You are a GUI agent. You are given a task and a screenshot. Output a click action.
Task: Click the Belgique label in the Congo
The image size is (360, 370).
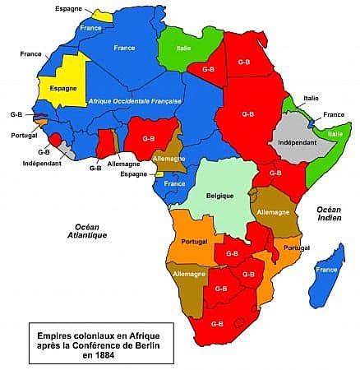pos(220,196)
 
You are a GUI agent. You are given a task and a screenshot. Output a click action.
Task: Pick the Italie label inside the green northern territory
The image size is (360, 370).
pos(192,46)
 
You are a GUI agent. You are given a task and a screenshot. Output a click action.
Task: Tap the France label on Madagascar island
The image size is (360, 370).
pos(324,269)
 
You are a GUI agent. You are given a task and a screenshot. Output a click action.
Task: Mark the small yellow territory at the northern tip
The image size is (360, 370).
pos(103,16)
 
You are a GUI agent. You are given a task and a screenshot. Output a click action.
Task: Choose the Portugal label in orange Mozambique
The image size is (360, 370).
pos(292,248)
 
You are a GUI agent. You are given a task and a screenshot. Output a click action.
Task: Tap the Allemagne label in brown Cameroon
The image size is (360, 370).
pos(169,157)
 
